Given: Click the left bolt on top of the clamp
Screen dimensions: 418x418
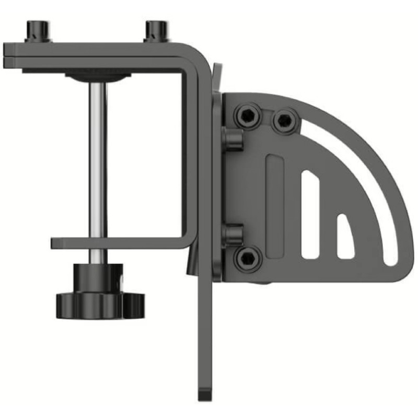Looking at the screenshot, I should click(38, 30).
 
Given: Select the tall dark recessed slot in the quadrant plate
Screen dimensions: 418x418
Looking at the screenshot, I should click(275, 204).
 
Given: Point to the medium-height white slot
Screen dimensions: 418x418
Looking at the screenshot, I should click(310, 214).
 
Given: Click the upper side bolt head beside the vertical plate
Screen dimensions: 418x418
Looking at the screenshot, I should click(233, 140).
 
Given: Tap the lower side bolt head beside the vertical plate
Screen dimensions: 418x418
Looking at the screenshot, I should click(233, 235).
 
